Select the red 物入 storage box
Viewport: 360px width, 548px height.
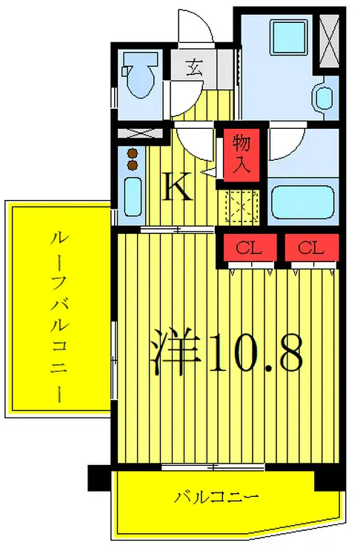pyautogui.click(x=241, y=155)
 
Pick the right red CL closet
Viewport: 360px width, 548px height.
pyautogui.click(x=313, y=249)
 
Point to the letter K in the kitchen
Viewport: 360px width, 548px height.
pyautogui.click(x=179, y=188)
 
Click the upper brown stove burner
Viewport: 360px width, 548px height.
pyautogui.click(x=133, y=153)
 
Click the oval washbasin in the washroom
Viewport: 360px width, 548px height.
pyautogui.click(x=323, y=98)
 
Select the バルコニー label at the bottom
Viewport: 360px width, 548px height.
pyautogui.click(x=216, y=495)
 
